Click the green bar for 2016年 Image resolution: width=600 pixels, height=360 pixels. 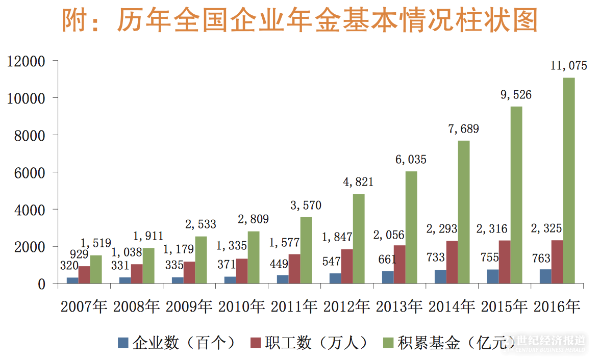coord(569,181)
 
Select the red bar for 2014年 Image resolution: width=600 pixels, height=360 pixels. coord(452,262)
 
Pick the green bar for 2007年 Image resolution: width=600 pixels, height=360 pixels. coord(96,269)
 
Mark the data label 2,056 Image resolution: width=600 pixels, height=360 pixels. coord(389,235)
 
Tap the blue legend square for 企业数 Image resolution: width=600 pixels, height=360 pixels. coord(123,343)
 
